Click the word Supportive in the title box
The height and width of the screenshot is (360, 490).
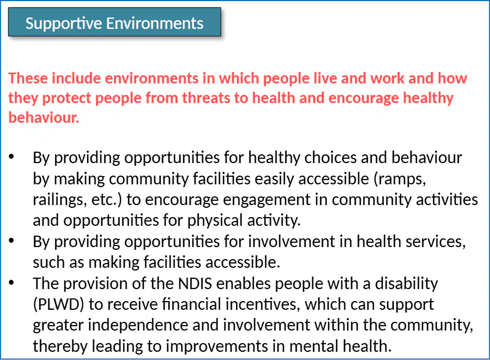[63, 24]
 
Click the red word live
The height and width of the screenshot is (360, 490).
[325, 78]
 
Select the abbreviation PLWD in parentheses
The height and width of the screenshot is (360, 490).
[58, 304]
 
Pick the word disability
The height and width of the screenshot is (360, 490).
[406, 284]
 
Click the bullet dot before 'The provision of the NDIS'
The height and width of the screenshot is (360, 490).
[11, 283]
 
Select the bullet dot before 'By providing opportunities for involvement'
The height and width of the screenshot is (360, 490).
[11, 241]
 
